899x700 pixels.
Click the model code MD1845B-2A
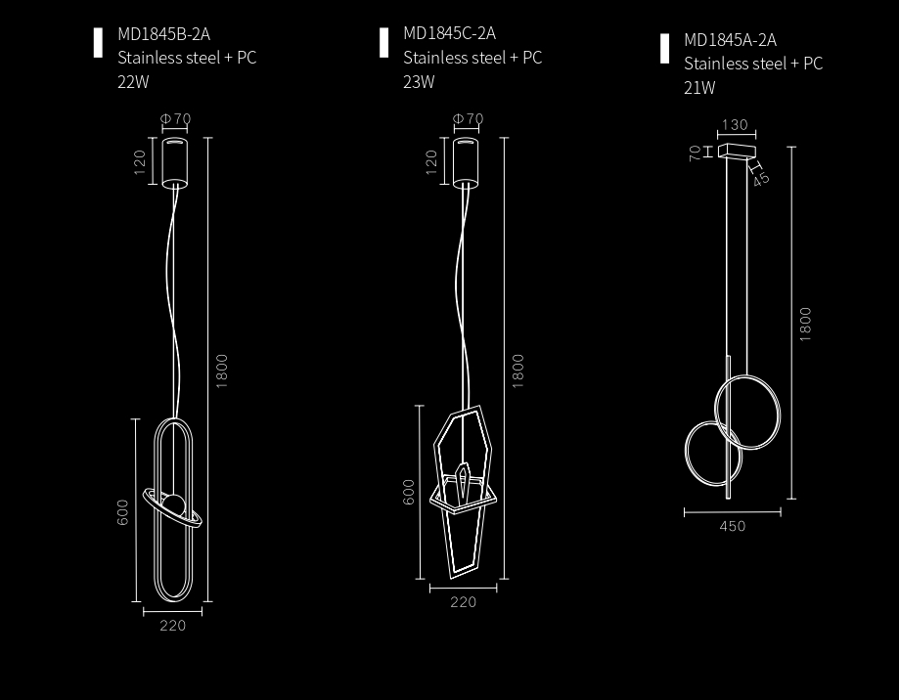[x=164, y=34]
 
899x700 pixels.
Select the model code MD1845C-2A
[x=450, y=33]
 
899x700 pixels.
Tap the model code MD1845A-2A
[x=731, y=40]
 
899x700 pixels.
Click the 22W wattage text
[x=133, y=82]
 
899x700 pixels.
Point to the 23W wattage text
[x=419, y=82]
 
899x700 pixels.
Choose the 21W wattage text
[x=699, y=88]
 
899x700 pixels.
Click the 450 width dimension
[x=733, y=526]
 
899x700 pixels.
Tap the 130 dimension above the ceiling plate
[x=735, y=125]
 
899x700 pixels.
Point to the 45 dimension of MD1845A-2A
[x=761, y=179]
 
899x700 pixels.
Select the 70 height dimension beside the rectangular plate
[x=695, y=153]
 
